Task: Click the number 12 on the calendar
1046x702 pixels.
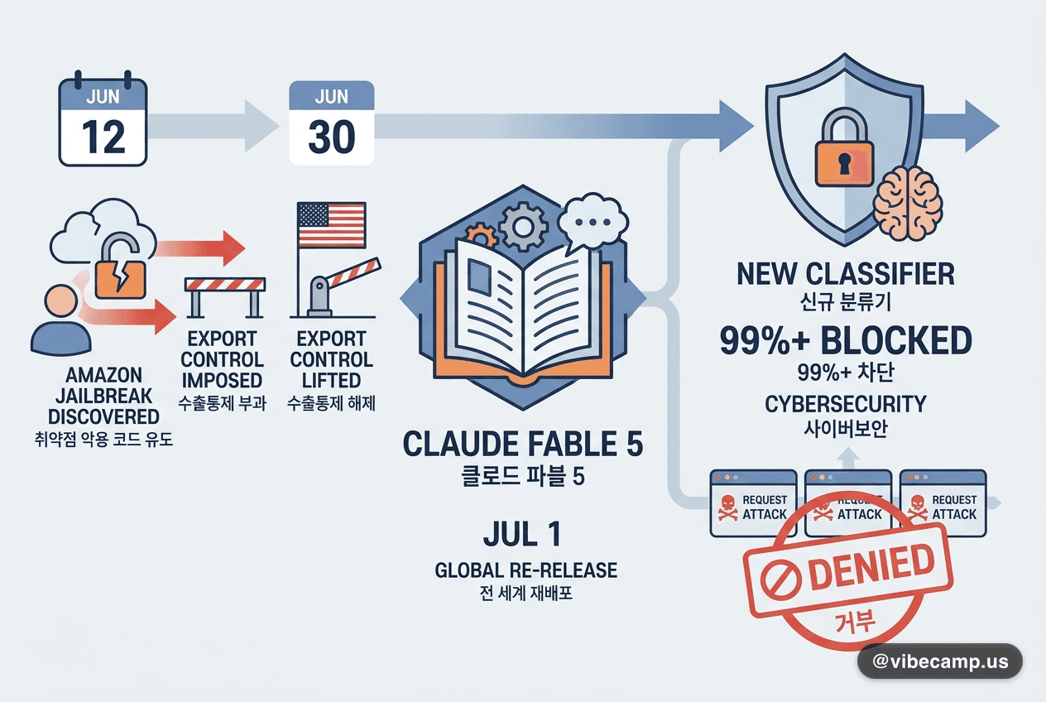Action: click(x=103, y=136)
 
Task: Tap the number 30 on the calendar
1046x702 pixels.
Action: click(x=332, y=136)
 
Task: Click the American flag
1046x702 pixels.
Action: click(x=331, y=224)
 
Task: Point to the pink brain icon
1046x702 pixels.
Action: click(x=908, y=204)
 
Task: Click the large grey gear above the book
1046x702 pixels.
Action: click(x=522, y=227)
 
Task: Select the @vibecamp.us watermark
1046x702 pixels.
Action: click(x=939, y=661)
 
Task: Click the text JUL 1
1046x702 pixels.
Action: click(x=522, y=533)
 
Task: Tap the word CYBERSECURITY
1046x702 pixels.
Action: click(x=845, y=404)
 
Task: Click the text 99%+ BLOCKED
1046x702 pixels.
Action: click(x=846, y=340)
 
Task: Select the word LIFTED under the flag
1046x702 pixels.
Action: click(x=331, y=380)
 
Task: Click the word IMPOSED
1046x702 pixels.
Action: click(x=222, y=380)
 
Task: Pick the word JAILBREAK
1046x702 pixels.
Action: click(x=103, y=396)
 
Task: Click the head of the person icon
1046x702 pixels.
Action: click(x=60, y=301)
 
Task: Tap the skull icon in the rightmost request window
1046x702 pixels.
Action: click(x=917, y=507)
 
